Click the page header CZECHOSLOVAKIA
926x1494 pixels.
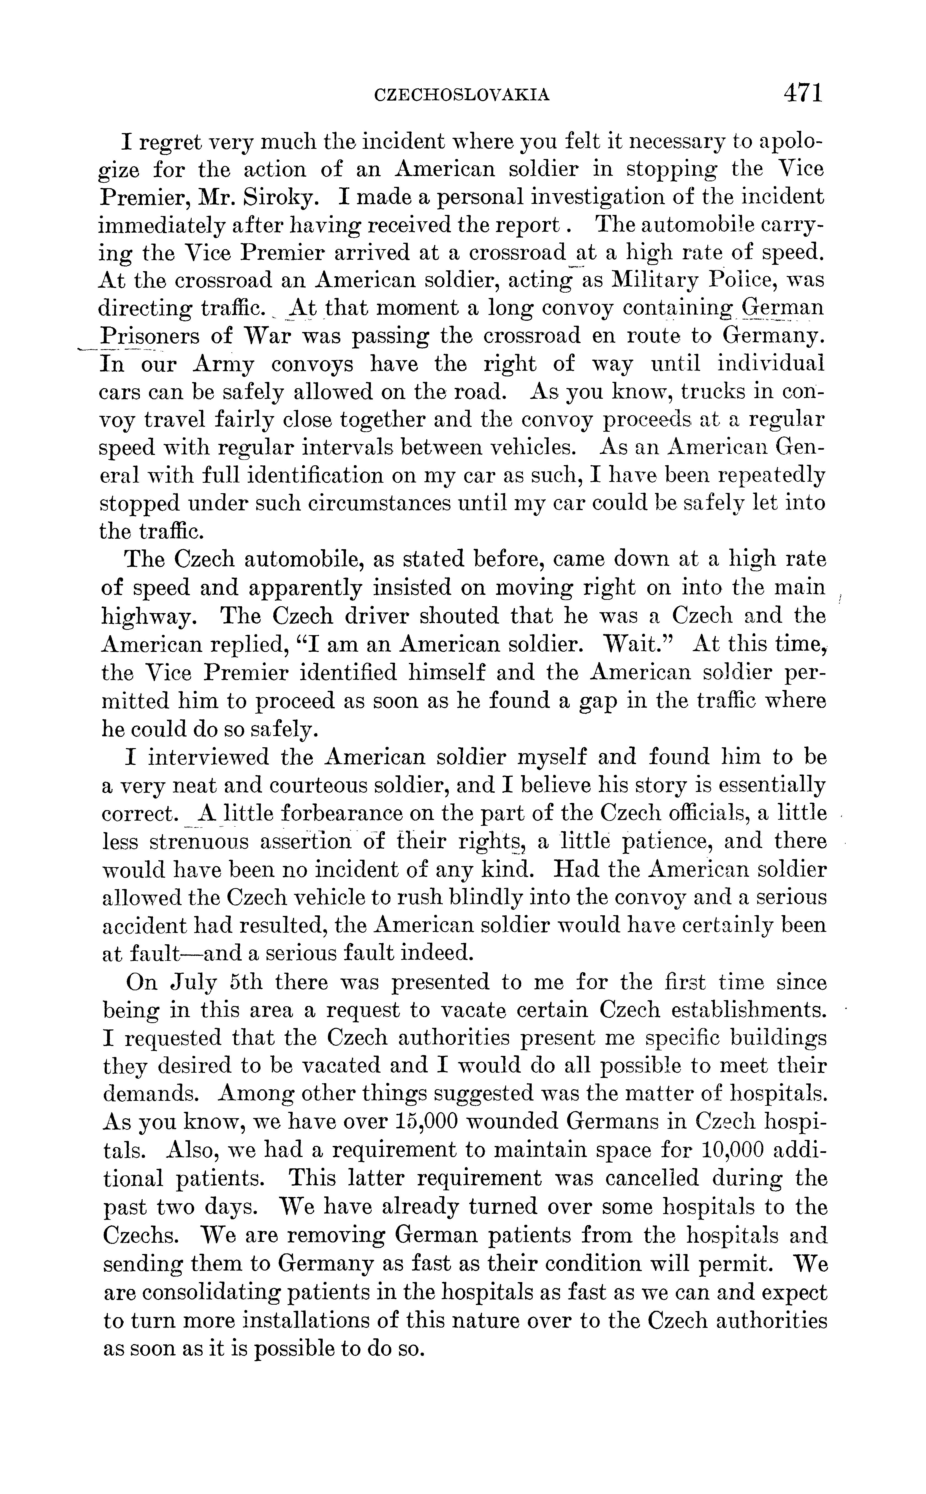tap(461, 95)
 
